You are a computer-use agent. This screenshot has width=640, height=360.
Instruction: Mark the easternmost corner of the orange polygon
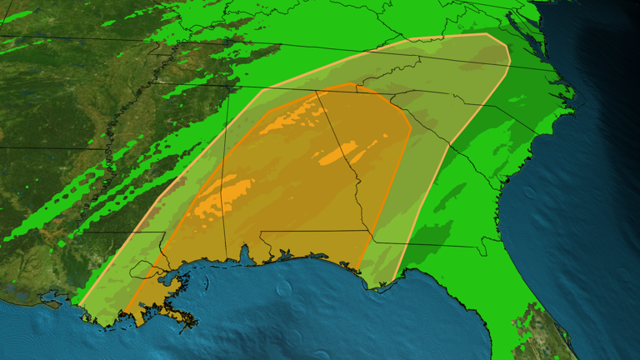click(x=411, y=129)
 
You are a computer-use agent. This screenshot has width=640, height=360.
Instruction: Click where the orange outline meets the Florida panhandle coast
click(x=360, y=270)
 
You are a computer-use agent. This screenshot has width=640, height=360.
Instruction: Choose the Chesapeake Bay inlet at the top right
click(x=518, y=25)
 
